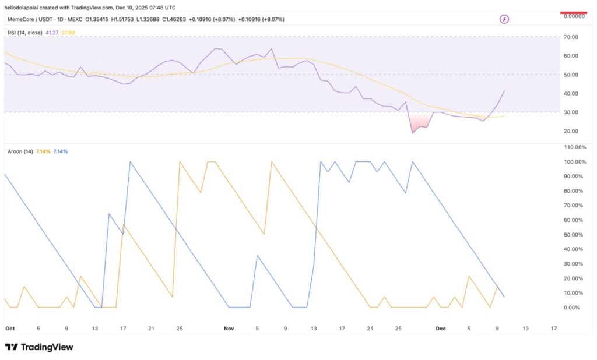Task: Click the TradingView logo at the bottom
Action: (39, 347)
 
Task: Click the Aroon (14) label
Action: (20, 151)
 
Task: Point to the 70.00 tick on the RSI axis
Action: (571, 37)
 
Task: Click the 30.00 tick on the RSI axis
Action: (571, 112)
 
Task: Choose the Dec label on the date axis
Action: (441, 329)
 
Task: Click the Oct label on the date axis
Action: (9, 329)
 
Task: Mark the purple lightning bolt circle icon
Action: (504, 19)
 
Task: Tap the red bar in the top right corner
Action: (574, 12)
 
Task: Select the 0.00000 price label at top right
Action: (574, 16)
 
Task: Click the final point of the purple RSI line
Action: (504, 91)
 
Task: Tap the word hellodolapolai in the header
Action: (22, 6)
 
